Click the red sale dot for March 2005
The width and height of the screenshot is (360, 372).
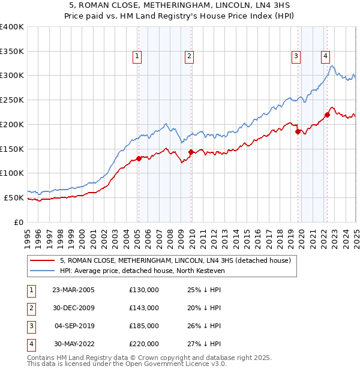139,158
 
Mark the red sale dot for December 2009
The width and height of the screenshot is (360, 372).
191,152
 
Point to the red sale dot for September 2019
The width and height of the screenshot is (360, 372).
298,132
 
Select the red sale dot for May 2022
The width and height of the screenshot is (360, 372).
328,115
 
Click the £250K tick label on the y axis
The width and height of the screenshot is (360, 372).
12,100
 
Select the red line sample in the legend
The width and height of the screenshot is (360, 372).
42,260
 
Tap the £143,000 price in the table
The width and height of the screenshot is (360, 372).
144,308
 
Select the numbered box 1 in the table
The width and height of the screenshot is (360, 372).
30,290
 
